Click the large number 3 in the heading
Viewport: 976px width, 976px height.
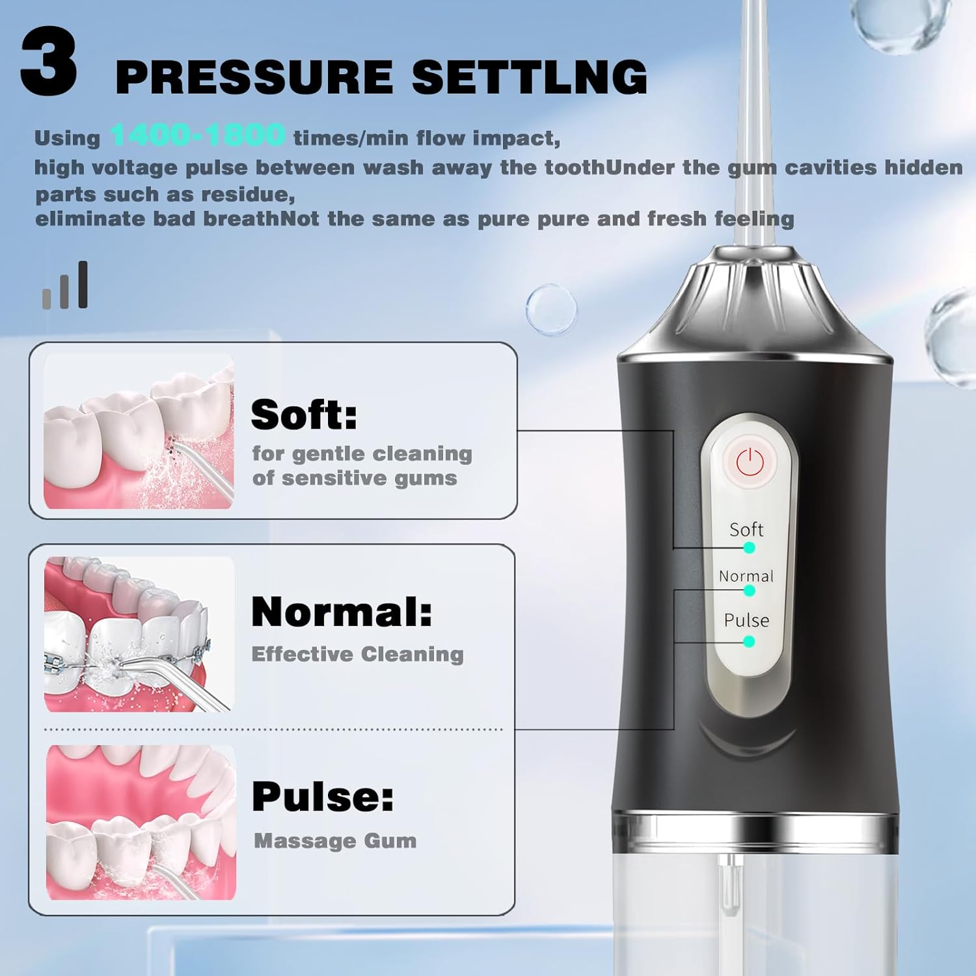click(x=49, y=64)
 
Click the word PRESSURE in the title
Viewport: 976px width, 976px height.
click(x=254, y=77)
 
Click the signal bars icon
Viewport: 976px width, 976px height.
click(x=65, y=286)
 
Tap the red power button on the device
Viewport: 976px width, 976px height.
click(x=749, y=463)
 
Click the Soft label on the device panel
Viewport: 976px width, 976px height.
click(x=746, y=530)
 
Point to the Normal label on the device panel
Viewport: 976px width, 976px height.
click(x=746, y=576)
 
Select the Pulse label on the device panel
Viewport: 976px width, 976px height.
click(x=746, y=620)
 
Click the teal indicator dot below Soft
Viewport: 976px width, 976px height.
click(x=749, y=548)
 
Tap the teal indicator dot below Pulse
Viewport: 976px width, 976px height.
click(x=749, y=642)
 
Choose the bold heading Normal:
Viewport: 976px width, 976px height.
click(x=342, y=612)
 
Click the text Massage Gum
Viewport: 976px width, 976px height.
click(x=335, y=841)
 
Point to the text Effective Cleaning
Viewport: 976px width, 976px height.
click(x=357, y=654)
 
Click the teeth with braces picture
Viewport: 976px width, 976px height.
click(x=139, y=634)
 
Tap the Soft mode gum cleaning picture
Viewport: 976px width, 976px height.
click(x=139, y=432)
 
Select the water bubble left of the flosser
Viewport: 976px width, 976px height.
click(x=551, y=310)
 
